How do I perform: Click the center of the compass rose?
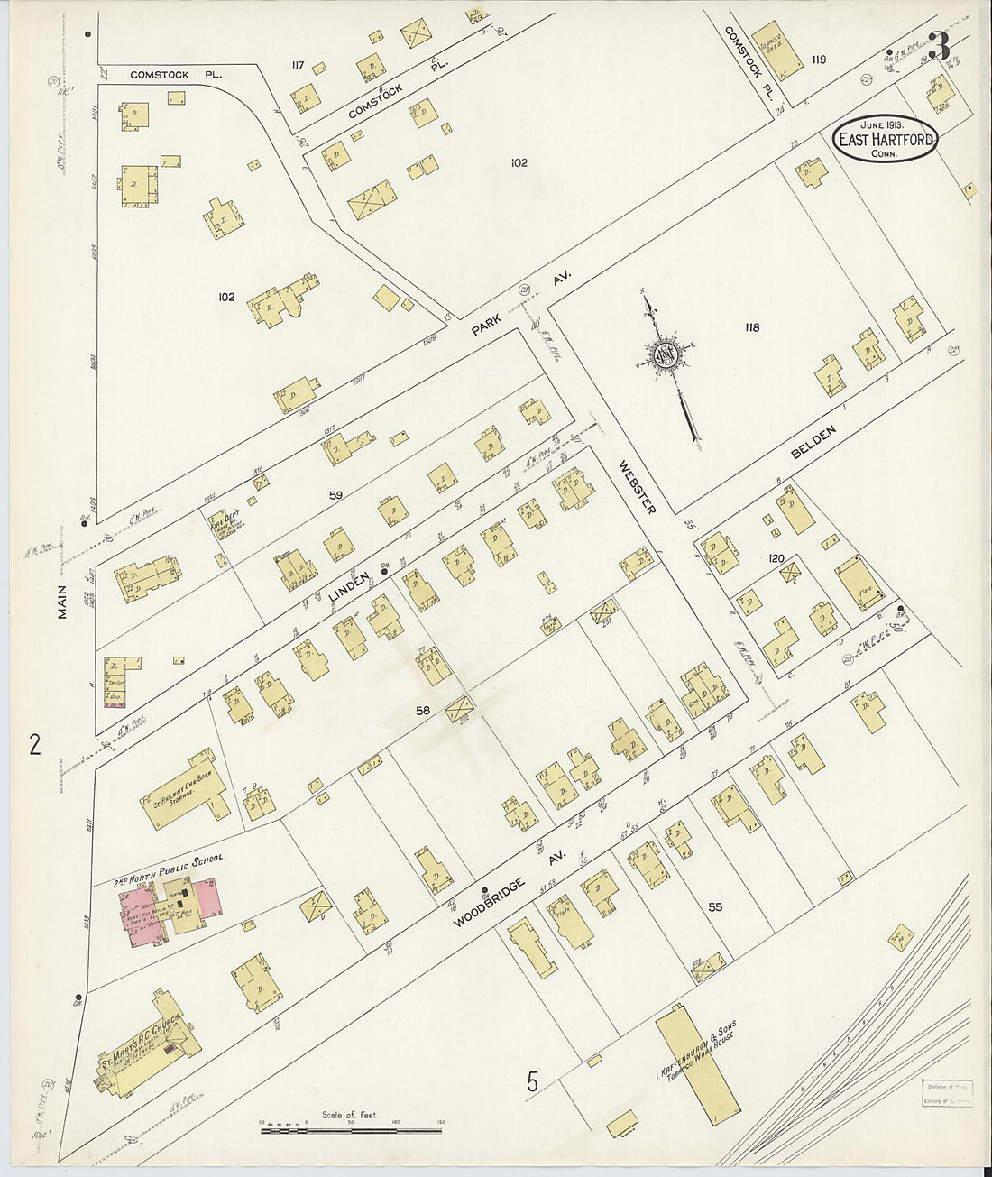pos(668,354)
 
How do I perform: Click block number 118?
pos(751,327)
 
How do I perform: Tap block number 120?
pos(776,559)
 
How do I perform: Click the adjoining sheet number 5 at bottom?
pos(533,1080)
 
